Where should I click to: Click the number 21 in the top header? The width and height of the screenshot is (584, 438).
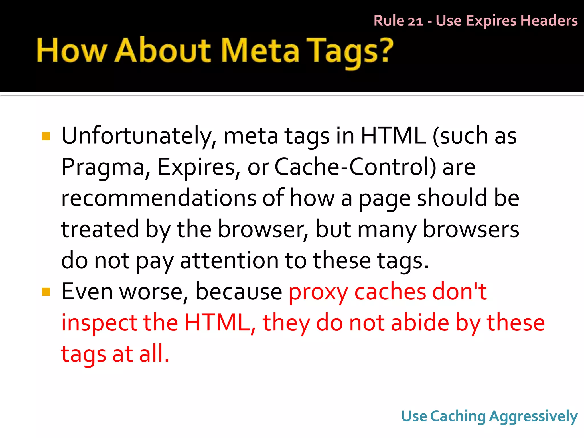click(415, 21)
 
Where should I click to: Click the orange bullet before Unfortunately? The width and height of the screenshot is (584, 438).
click(46, 136)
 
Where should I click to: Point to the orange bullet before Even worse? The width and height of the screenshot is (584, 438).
click(46, 292)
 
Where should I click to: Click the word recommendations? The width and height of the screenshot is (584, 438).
click(159, 198)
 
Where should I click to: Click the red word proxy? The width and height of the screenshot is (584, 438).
click(318, 292)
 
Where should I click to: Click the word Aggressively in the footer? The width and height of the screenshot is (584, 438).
click(533, 417)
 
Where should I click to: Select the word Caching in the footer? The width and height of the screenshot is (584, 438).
click(458, 417)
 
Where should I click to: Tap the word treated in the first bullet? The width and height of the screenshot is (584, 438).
click(100, 229)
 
